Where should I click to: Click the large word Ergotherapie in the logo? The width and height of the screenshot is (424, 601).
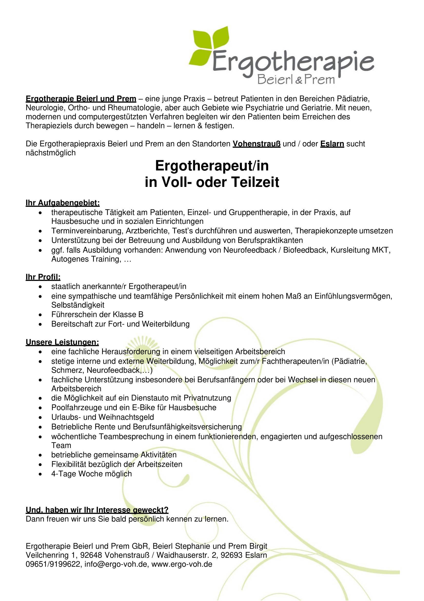[293, 62]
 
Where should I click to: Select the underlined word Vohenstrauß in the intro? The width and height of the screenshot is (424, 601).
[256, 144]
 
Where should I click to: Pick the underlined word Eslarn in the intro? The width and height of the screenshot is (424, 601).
[332, 144]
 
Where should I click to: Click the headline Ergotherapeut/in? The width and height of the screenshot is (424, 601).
[212, 166]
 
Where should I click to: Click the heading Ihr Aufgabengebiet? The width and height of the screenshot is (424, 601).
[63, 203]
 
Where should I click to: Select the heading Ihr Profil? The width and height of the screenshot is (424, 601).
[43, 277]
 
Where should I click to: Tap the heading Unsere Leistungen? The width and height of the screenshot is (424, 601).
[62, 342]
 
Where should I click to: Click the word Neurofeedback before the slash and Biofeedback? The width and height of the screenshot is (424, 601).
[250, 250]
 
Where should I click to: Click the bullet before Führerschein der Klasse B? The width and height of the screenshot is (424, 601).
[40, 315]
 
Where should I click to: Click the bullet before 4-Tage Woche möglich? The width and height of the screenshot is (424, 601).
[40, 474]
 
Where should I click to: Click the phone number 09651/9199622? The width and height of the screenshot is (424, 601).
[53, 564]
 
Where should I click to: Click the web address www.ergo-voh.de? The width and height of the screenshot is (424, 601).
[182, 564]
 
